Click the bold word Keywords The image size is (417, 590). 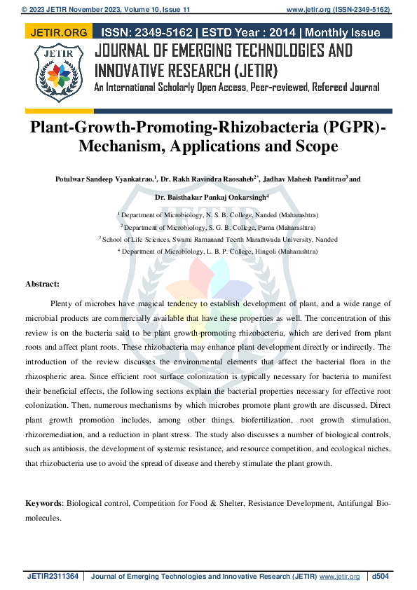(x=43, y=503)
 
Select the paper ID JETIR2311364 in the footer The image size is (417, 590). (x=53, y=576)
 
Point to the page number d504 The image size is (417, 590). (x=381, y=576)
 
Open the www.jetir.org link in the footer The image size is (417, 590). (x=339, y=576)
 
